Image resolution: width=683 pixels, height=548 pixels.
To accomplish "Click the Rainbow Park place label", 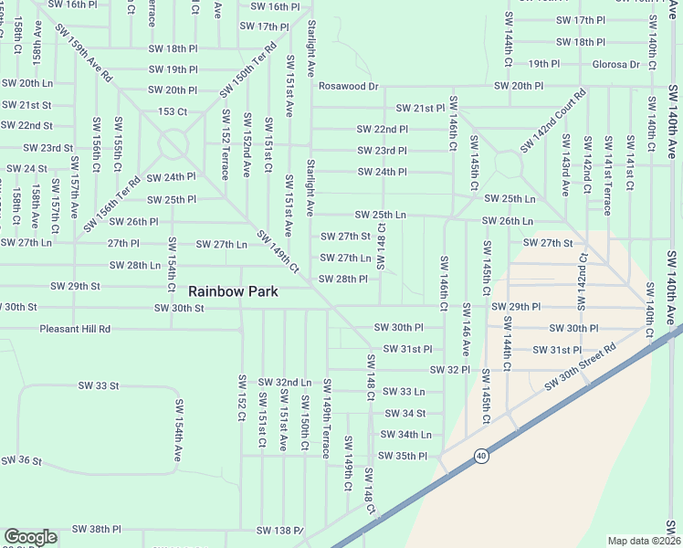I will pyautogui.click(x=233, y=291).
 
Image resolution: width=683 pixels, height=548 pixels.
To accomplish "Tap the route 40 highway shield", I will pyautogui.click(x=480, y=454).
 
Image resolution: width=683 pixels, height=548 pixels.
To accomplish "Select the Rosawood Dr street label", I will pyautogui.click(x=348, y=86).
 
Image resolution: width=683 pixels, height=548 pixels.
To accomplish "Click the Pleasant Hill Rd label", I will pyautogui.click(x=75, y=329).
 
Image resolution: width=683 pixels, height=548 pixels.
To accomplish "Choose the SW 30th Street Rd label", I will pyautogui.click(x=581, y=366).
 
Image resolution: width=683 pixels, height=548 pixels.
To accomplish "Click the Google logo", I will pyautogui.click(x=30, y=537).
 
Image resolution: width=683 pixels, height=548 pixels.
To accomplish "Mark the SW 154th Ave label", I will pyautogui.click(x=180, y=434).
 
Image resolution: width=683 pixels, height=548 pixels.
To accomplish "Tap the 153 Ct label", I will pyautogui.click(x=172, y=111).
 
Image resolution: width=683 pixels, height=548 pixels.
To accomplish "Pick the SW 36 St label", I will pyautogui.click(x=22, y=460).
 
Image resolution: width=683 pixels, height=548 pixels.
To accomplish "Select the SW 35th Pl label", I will pyautogui.click(x=403, y=456).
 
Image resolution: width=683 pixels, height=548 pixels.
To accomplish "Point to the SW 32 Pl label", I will pyautogui.click(x=449, y=370).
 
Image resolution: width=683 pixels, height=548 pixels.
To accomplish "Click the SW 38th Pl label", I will pyautogui.click(x=97, y=529).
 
